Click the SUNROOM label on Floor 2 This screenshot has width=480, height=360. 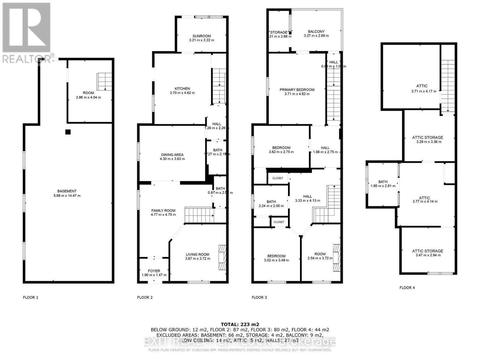[202, 36]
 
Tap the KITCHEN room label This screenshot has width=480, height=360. [182, 88]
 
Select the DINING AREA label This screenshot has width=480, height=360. [172, 155]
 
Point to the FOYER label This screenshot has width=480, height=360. [154, 271]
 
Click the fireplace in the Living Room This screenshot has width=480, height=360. [222, 258]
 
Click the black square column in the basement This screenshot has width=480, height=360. [68, 132]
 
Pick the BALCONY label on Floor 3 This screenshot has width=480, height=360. [316, 31]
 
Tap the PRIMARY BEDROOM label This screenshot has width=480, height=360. [297, 90]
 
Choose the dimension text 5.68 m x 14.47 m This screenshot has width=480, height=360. [67, 196]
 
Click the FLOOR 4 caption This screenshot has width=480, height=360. [407, 288]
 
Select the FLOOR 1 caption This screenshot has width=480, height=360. [31, 297]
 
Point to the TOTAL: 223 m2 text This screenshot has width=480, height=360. [240, 324]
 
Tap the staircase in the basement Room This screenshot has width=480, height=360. [104, 82]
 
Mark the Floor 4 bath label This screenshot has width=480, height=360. [383, 182]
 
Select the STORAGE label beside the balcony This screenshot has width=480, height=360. [279, 32]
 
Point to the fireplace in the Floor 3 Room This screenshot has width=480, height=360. [337, 258]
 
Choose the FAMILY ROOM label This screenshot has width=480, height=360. [163, 211]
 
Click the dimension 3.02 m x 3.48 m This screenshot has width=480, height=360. [276, 260]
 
